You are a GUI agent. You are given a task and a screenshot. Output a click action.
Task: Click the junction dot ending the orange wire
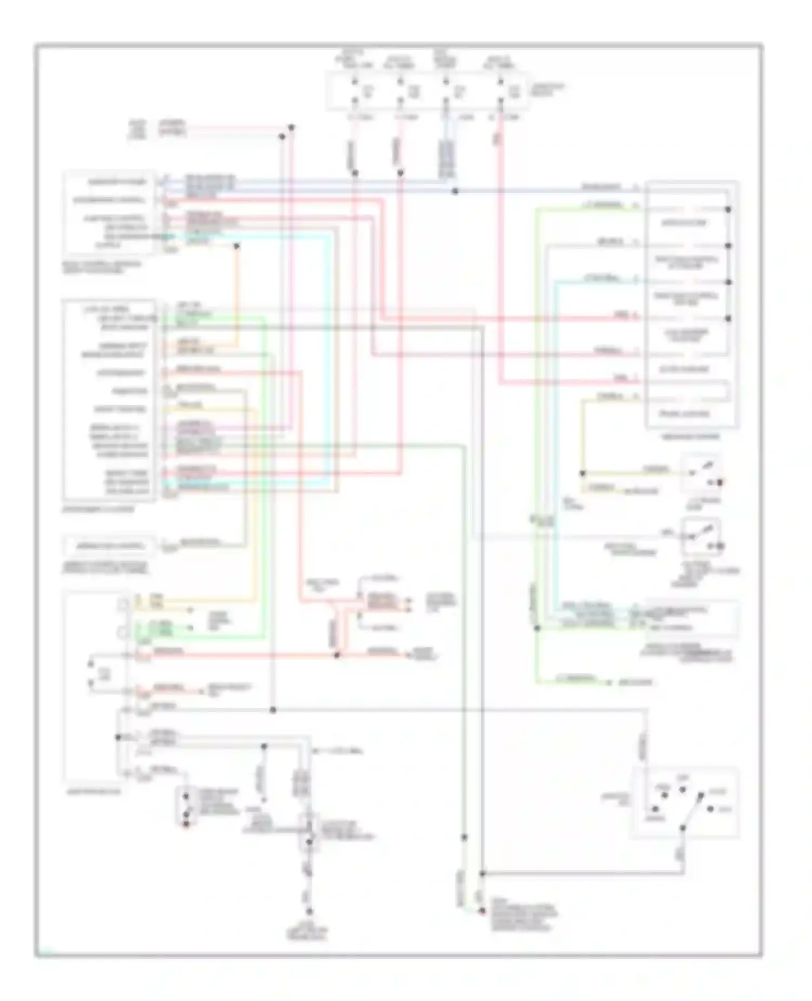237,246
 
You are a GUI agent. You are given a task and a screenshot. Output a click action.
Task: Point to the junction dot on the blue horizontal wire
455,191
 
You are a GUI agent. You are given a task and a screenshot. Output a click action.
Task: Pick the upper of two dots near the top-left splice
291,128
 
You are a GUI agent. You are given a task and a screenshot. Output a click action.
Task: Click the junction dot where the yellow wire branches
582,473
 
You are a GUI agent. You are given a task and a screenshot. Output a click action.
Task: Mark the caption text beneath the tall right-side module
691,437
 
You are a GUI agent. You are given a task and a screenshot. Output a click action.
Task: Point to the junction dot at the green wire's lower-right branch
537,628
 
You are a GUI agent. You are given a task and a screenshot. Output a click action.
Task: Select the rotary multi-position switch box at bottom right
685,802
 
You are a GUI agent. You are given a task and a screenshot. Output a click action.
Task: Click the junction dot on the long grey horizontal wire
273,710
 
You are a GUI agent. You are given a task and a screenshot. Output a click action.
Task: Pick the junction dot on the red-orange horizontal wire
337,655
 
